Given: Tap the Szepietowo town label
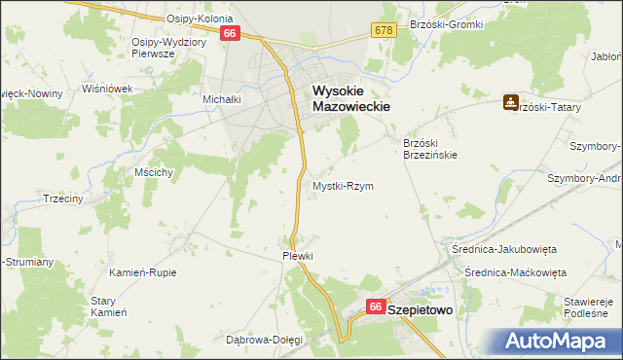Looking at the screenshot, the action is [x=425, y=307].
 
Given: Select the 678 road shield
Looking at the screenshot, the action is [x=383, y=32].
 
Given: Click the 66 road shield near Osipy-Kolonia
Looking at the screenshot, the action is [x=230, y=33].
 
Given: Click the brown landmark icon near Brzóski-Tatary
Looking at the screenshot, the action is [x=510, y=101].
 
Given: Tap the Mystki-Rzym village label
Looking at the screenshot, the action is [x=342, y=185].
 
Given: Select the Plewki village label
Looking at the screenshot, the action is [x=297, y=255].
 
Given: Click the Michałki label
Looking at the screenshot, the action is [x=221, y=99].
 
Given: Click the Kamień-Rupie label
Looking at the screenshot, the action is [x=143, y=272].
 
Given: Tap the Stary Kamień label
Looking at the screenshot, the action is [x=109, y=306].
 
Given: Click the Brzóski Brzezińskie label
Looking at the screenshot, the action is [x=430, y=148].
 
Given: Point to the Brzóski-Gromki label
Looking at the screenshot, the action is [x=447, y=24].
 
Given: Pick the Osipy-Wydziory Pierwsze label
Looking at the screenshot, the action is [x=166, y=48].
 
